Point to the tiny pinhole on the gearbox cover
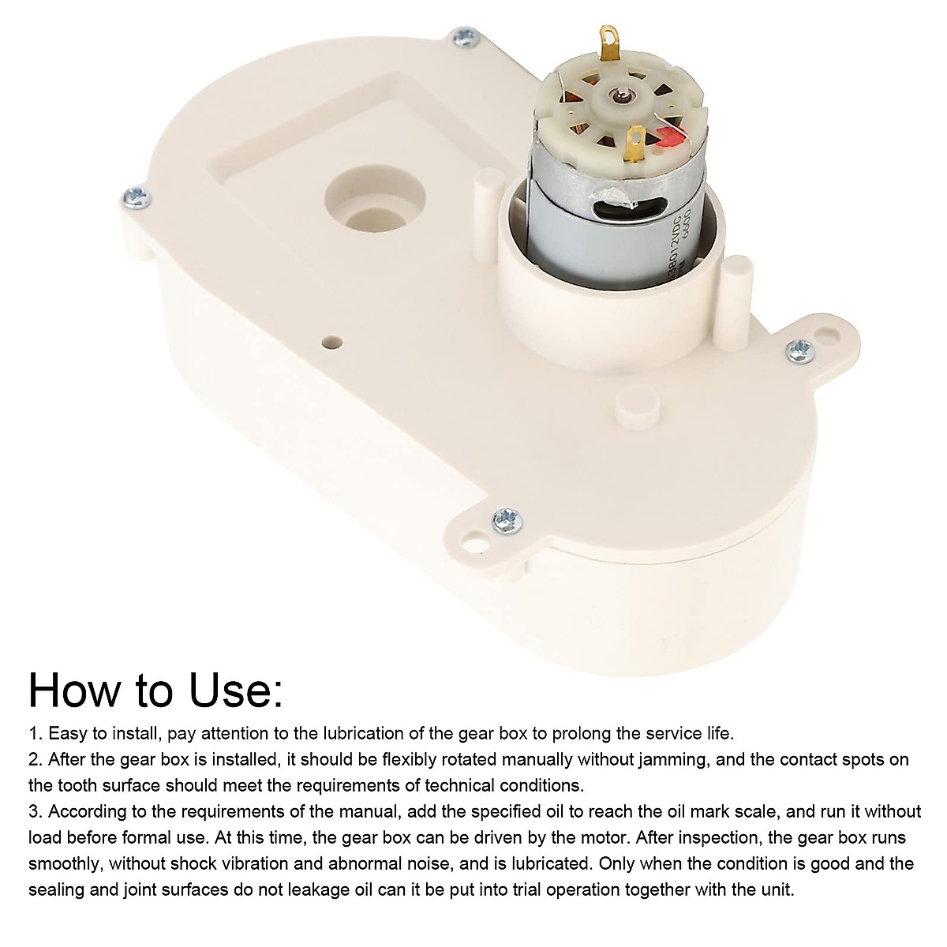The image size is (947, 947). [x=332, y=342]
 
